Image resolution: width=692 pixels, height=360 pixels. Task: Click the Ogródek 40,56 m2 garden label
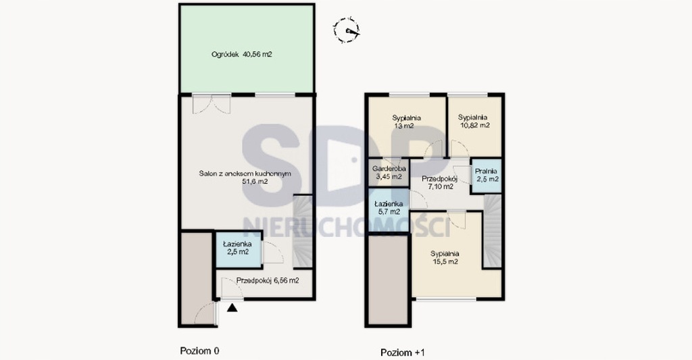click(241, 55)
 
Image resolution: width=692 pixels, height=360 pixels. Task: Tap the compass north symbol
click(346, 30)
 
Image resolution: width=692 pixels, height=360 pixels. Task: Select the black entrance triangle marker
click(232, 307)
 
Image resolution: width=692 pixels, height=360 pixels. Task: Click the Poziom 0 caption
click(199, 351)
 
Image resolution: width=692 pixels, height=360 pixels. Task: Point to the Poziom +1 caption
click(403, 353)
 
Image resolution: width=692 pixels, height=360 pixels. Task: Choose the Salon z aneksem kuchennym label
click(245, 178)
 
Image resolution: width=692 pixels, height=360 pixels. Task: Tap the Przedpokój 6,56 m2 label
click(268, 280)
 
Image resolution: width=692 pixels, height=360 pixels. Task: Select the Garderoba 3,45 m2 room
click(389, 172)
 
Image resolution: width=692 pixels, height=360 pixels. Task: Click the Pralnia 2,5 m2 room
click(487, 175)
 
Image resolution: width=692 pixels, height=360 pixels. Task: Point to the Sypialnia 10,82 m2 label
click(473, 122)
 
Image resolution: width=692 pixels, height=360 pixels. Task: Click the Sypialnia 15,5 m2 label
click(445, 257)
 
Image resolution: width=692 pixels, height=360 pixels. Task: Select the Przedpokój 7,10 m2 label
click(439, 182)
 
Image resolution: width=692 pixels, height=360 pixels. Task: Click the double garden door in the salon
click(212, 104)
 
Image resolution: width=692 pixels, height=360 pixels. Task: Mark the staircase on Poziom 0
click(303, 231)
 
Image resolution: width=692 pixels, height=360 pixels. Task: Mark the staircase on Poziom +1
click(493, 231)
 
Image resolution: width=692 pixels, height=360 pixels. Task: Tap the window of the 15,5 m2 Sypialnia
click(446, 299)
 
